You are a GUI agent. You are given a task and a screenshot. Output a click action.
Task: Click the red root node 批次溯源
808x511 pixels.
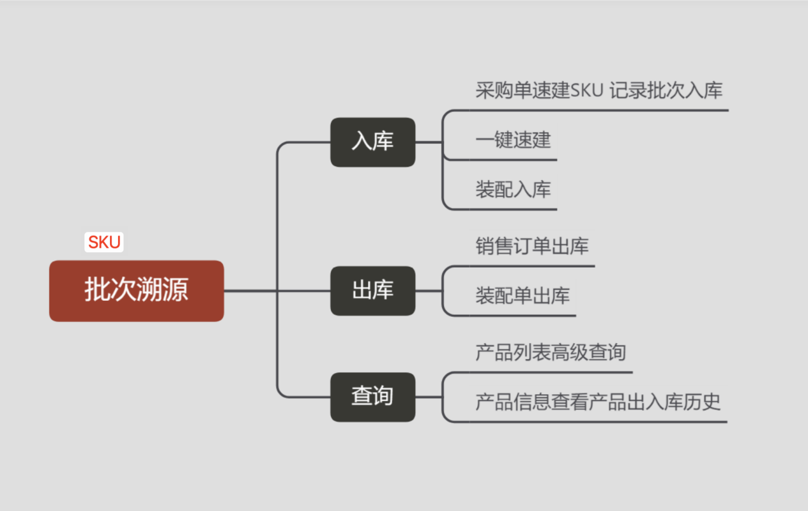click(x=136, y=291)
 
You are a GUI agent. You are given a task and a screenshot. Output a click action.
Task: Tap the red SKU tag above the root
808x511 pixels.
click(x=104, y=243)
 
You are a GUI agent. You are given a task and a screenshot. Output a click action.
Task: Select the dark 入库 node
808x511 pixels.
click(x=372, y=142)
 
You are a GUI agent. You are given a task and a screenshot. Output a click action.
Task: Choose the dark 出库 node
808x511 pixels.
click(x=372, y=291)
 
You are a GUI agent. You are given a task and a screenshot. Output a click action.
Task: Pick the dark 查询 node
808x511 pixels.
click(x=372, y=397)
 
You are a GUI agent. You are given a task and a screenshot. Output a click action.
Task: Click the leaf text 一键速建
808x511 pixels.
click(x=513, y=140)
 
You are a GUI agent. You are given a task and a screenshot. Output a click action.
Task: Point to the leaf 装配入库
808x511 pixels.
click(x=513, y=190)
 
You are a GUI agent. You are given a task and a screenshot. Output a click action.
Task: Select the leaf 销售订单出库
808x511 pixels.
click(x=532, y=247)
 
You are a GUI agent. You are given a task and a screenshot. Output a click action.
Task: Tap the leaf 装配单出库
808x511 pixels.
click(x=522, y=296)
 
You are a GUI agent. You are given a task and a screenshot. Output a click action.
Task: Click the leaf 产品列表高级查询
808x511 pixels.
click(x=551, y=352)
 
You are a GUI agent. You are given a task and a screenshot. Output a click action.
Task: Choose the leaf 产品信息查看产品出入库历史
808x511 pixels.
click(x=598, y=402)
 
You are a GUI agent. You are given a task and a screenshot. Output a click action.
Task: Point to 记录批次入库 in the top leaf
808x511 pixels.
click(x=666, y=91)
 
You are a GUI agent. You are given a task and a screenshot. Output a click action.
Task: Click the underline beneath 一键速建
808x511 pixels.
click(x=511, y=160)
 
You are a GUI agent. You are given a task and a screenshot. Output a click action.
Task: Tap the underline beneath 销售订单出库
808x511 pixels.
click(x=530, y=266)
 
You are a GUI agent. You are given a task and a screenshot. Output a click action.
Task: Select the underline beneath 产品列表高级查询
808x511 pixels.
click(x=549, y=372)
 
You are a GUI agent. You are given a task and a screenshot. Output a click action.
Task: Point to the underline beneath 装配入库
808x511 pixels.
click(x=511, y=209)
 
